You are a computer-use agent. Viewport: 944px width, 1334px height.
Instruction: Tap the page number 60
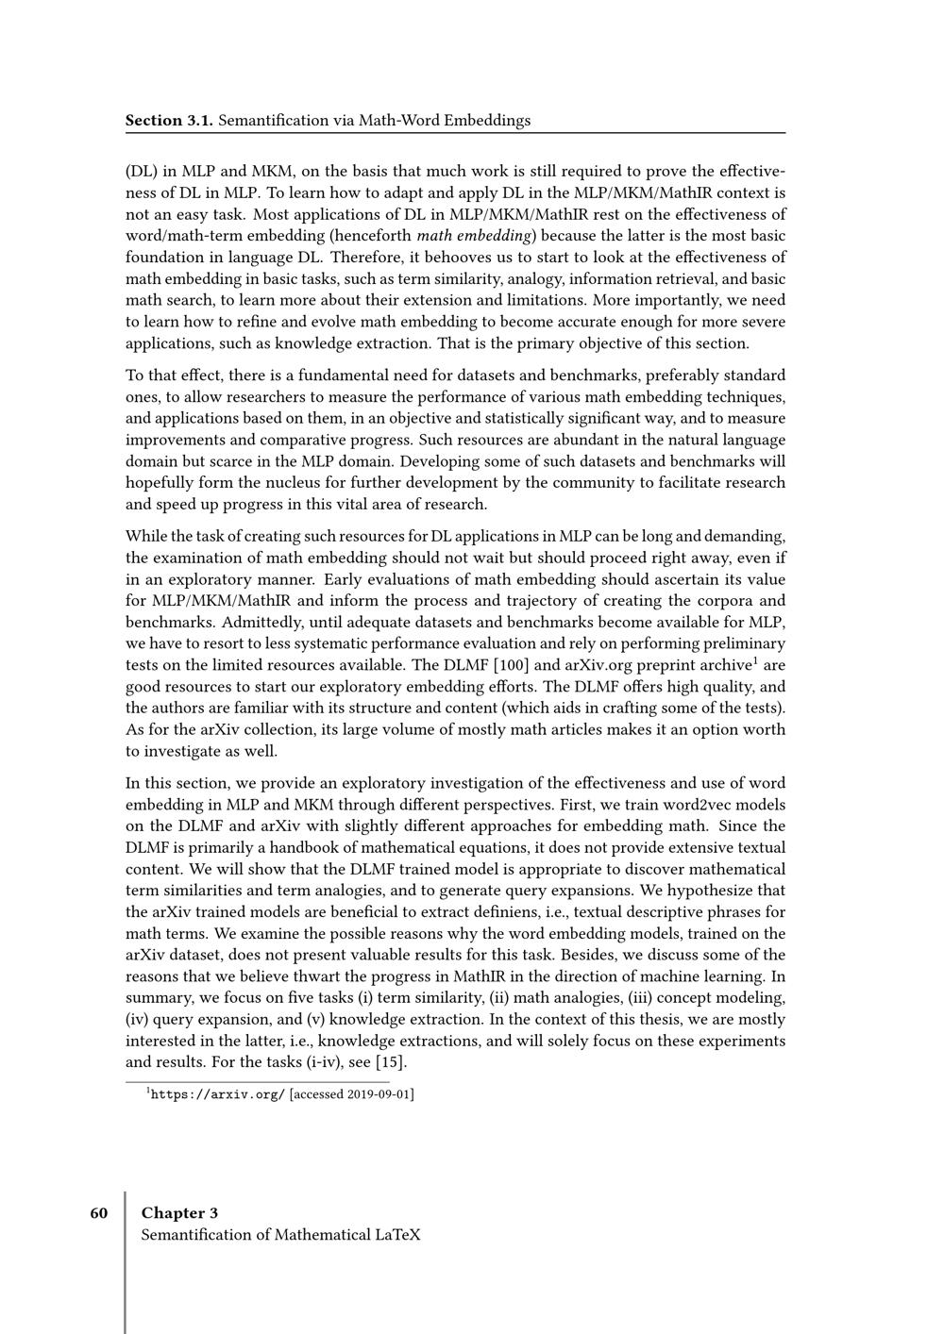(x=99, y=1212)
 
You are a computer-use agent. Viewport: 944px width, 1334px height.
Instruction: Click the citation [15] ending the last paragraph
(x=391, y=1063)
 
